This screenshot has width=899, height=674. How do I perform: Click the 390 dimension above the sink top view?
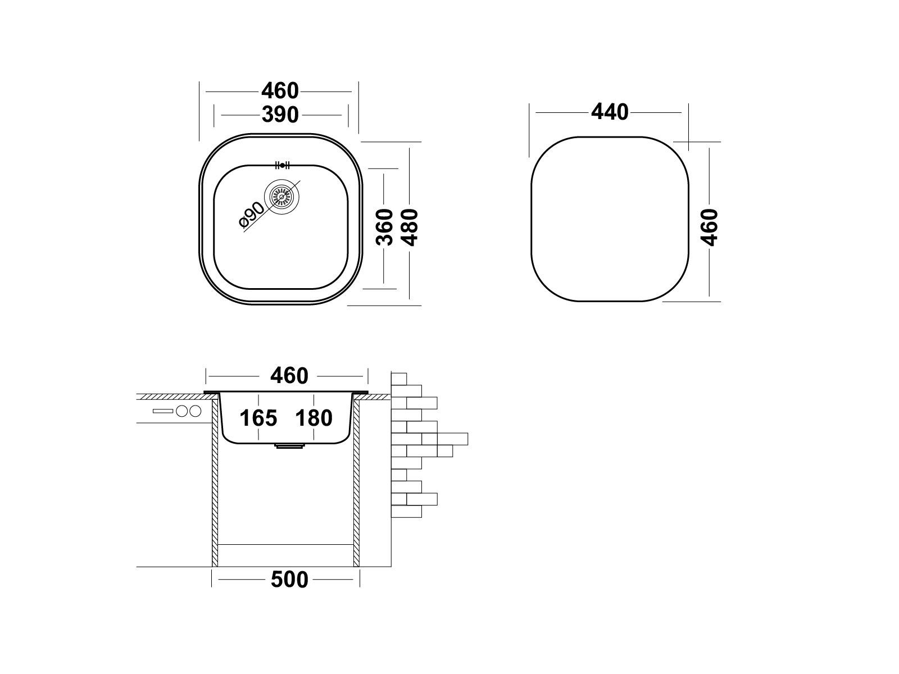click(x=280, y=115)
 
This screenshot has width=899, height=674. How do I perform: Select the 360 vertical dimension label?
click(x=384, y=227)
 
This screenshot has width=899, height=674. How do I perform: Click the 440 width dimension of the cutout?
click(x=610, y=112)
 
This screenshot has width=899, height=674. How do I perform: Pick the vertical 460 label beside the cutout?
click(x=710, y=227)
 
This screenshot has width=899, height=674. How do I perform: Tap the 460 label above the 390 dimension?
click(x=280, y=91)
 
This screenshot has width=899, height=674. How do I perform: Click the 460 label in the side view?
click(x=289, y=376)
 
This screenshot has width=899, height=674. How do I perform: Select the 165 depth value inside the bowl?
click(x=258, y=418)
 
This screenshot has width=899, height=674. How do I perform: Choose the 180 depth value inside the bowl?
click(x=314, y=418)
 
